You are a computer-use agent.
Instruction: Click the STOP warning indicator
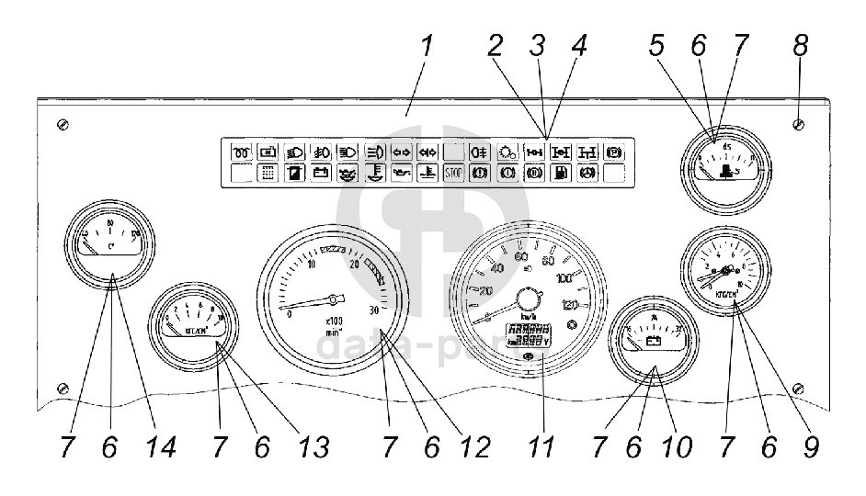453,172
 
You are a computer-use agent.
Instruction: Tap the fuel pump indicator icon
560,172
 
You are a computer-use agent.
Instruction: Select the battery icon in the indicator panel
320,172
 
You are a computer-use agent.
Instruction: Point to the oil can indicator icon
400,172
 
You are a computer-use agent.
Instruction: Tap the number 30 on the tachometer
373,310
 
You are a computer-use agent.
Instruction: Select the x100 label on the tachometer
334,321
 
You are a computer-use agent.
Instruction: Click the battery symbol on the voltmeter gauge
655,342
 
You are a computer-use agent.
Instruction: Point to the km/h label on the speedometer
528,318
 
